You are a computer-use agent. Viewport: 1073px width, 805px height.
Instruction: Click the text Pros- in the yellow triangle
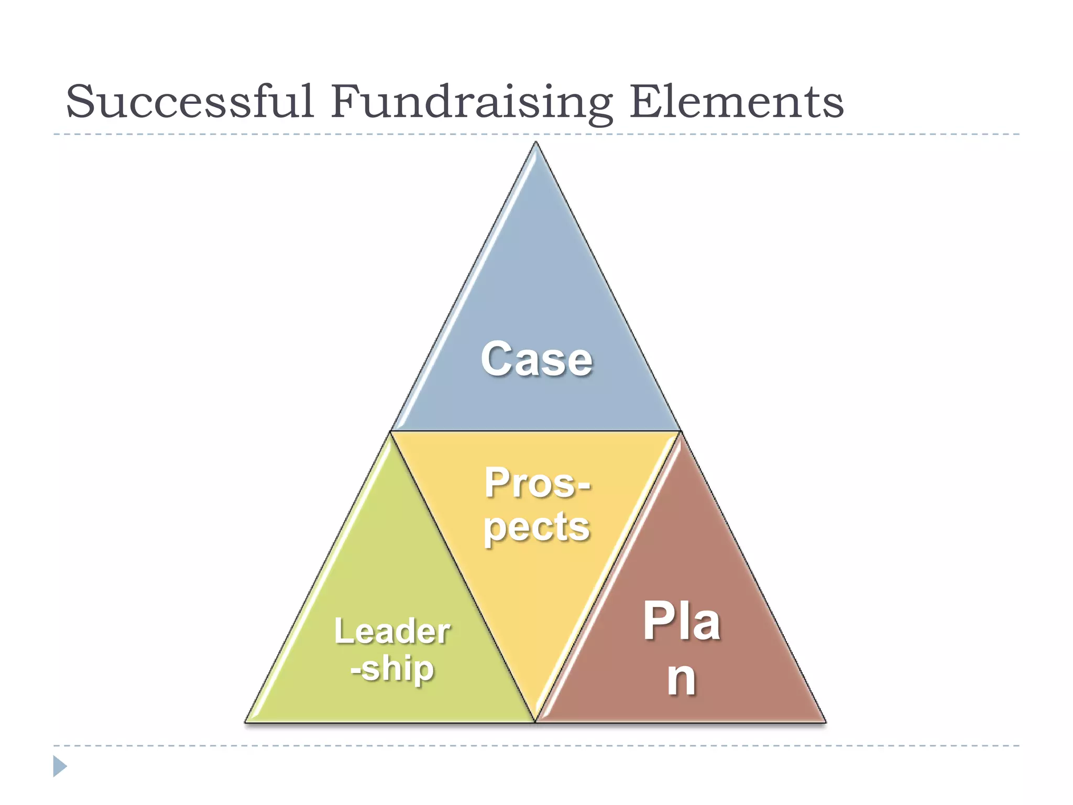point(536,483)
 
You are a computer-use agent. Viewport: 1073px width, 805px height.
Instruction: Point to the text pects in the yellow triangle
point(536,527)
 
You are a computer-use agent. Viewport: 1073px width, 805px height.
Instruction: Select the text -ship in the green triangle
point(392,669)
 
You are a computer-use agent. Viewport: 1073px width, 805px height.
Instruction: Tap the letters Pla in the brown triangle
point(681,622)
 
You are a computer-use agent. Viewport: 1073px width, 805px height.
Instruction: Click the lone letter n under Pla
point(681,678)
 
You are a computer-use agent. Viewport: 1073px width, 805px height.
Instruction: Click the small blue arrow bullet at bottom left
point(60,766)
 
